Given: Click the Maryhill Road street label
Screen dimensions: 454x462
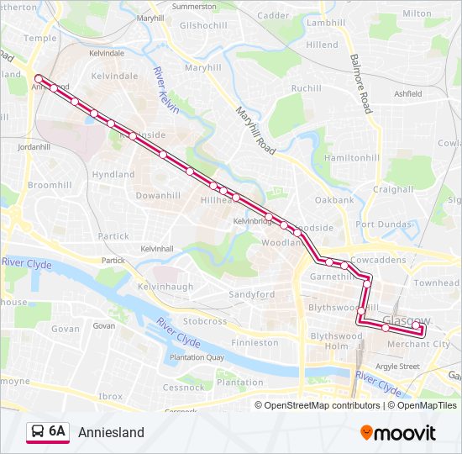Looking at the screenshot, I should (255, 130).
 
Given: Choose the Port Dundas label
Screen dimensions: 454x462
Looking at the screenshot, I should (382, 224).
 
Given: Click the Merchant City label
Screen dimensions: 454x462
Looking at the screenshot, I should (418, 344).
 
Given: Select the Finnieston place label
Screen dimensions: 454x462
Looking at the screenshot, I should (255, 343).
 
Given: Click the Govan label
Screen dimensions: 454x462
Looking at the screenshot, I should (104, 325).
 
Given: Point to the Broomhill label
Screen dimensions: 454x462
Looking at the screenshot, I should (50, 184).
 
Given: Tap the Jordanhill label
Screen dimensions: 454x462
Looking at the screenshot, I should (34, 146).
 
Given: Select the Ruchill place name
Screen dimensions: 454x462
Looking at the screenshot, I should (306, 88).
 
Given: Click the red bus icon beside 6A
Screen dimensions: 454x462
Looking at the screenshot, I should (37, 432).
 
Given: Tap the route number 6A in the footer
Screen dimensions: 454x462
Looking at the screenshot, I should (57, 431).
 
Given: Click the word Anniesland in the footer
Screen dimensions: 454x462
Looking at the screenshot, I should (111, 432).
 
